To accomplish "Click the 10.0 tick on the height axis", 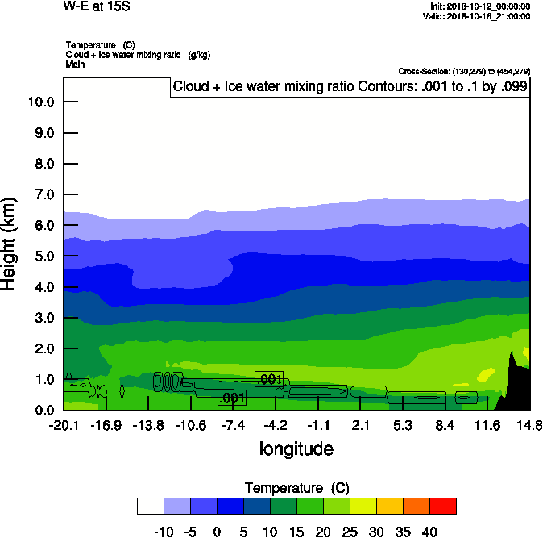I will (x=40, y=102).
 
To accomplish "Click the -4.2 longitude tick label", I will (x=276, y=425).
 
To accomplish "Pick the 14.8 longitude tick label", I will (x=529, y=425).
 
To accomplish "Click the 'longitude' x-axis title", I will (x=296, y=448).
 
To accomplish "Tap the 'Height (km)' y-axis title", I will (x=10, y=243).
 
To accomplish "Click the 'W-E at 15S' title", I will (x=96, y=6).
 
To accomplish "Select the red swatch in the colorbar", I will (x=442, y=506).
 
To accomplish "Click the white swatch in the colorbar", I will (x=151, y=506).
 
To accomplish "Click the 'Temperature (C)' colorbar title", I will (x=296, y=488).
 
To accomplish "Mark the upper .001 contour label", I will (x=269, y=379).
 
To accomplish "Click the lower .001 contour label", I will (x=231, y=397).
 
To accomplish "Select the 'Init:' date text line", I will (x=480, y=6).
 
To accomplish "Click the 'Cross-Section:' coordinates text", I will (x=464, y=72).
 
